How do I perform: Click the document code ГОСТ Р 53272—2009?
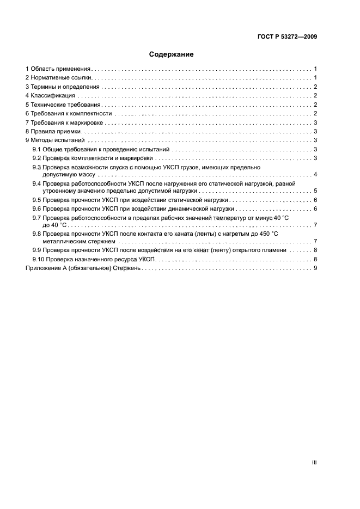pyautogui.click(x=287, y=37)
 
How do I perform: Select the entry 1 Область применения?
pyautogui.click(x=58, y=69)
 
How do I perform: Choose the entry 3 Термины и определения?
pyautogui.click(x=63, y=87)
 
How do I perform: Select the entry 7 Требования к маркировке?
pyautogui.click(x=65, y=122)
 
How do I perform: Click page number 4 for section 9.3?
pyautogui.click(x=315, y=175)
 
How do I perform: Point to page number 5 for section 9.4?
pyautogui.click(x=315, y=192)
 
